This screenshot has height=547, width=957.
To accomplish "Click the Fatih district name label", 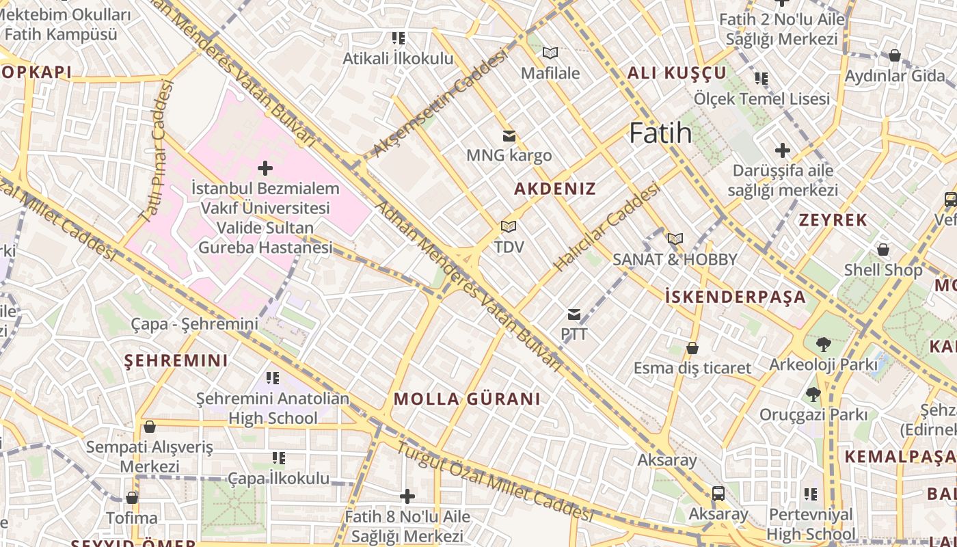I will click(x=660, y=133).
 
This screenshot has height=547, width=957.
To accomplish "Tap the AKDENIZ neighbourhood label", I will click(x=555, y=189).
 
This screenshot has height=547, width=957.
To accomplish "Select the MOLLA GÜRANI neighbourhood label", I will click(x=467, y=399).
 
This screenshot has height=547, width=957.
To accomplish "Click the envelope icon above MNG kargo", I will click(x=509, y=135).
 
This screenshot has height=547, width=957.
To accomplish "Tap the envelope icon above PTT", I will click(x=574, y=315).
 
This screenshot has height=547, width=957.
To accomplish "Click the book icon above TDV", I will click(x=508, y=226).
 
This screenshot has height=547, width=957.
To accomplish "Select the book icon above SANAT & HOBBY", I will click(x=675, y=239).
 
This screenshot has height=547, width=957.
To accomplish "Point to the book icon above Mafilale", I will click(x=550, y=53).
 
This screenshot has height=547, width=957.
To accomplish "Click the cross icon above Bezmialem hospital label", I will click(x=265, y=168).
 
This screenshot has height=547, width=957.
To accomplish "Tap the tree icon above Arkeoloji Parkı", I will click(x=823, y=344).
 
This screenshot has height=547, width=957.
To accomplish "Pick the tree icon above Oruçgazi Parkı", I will click(x=813, y=394).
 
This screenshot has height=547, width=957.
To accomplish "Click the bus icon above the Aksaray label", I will click(x=718, y=493).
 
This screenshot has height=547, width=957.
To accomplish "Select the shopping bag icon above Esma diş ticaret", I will click(x=692, y=348).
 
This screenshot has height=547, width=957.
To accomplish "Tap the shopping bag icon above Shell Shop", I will click(x=883, y=250).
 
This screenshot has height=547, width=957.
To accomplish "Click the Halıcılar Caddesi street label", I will click(x=606, y=226).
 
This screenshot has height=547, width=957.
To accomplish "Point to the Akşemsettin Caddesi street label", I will click(x=441, y=103).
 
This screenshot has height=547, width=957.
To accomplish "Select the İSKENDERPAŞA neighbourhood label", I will click(x=736, y=297).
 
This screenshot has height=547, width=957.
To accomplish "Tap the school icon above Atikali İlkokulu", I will click(x=398, y=38).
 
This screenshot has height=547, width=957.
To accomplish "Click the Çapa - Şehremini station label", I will click(x=195, y=324).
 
